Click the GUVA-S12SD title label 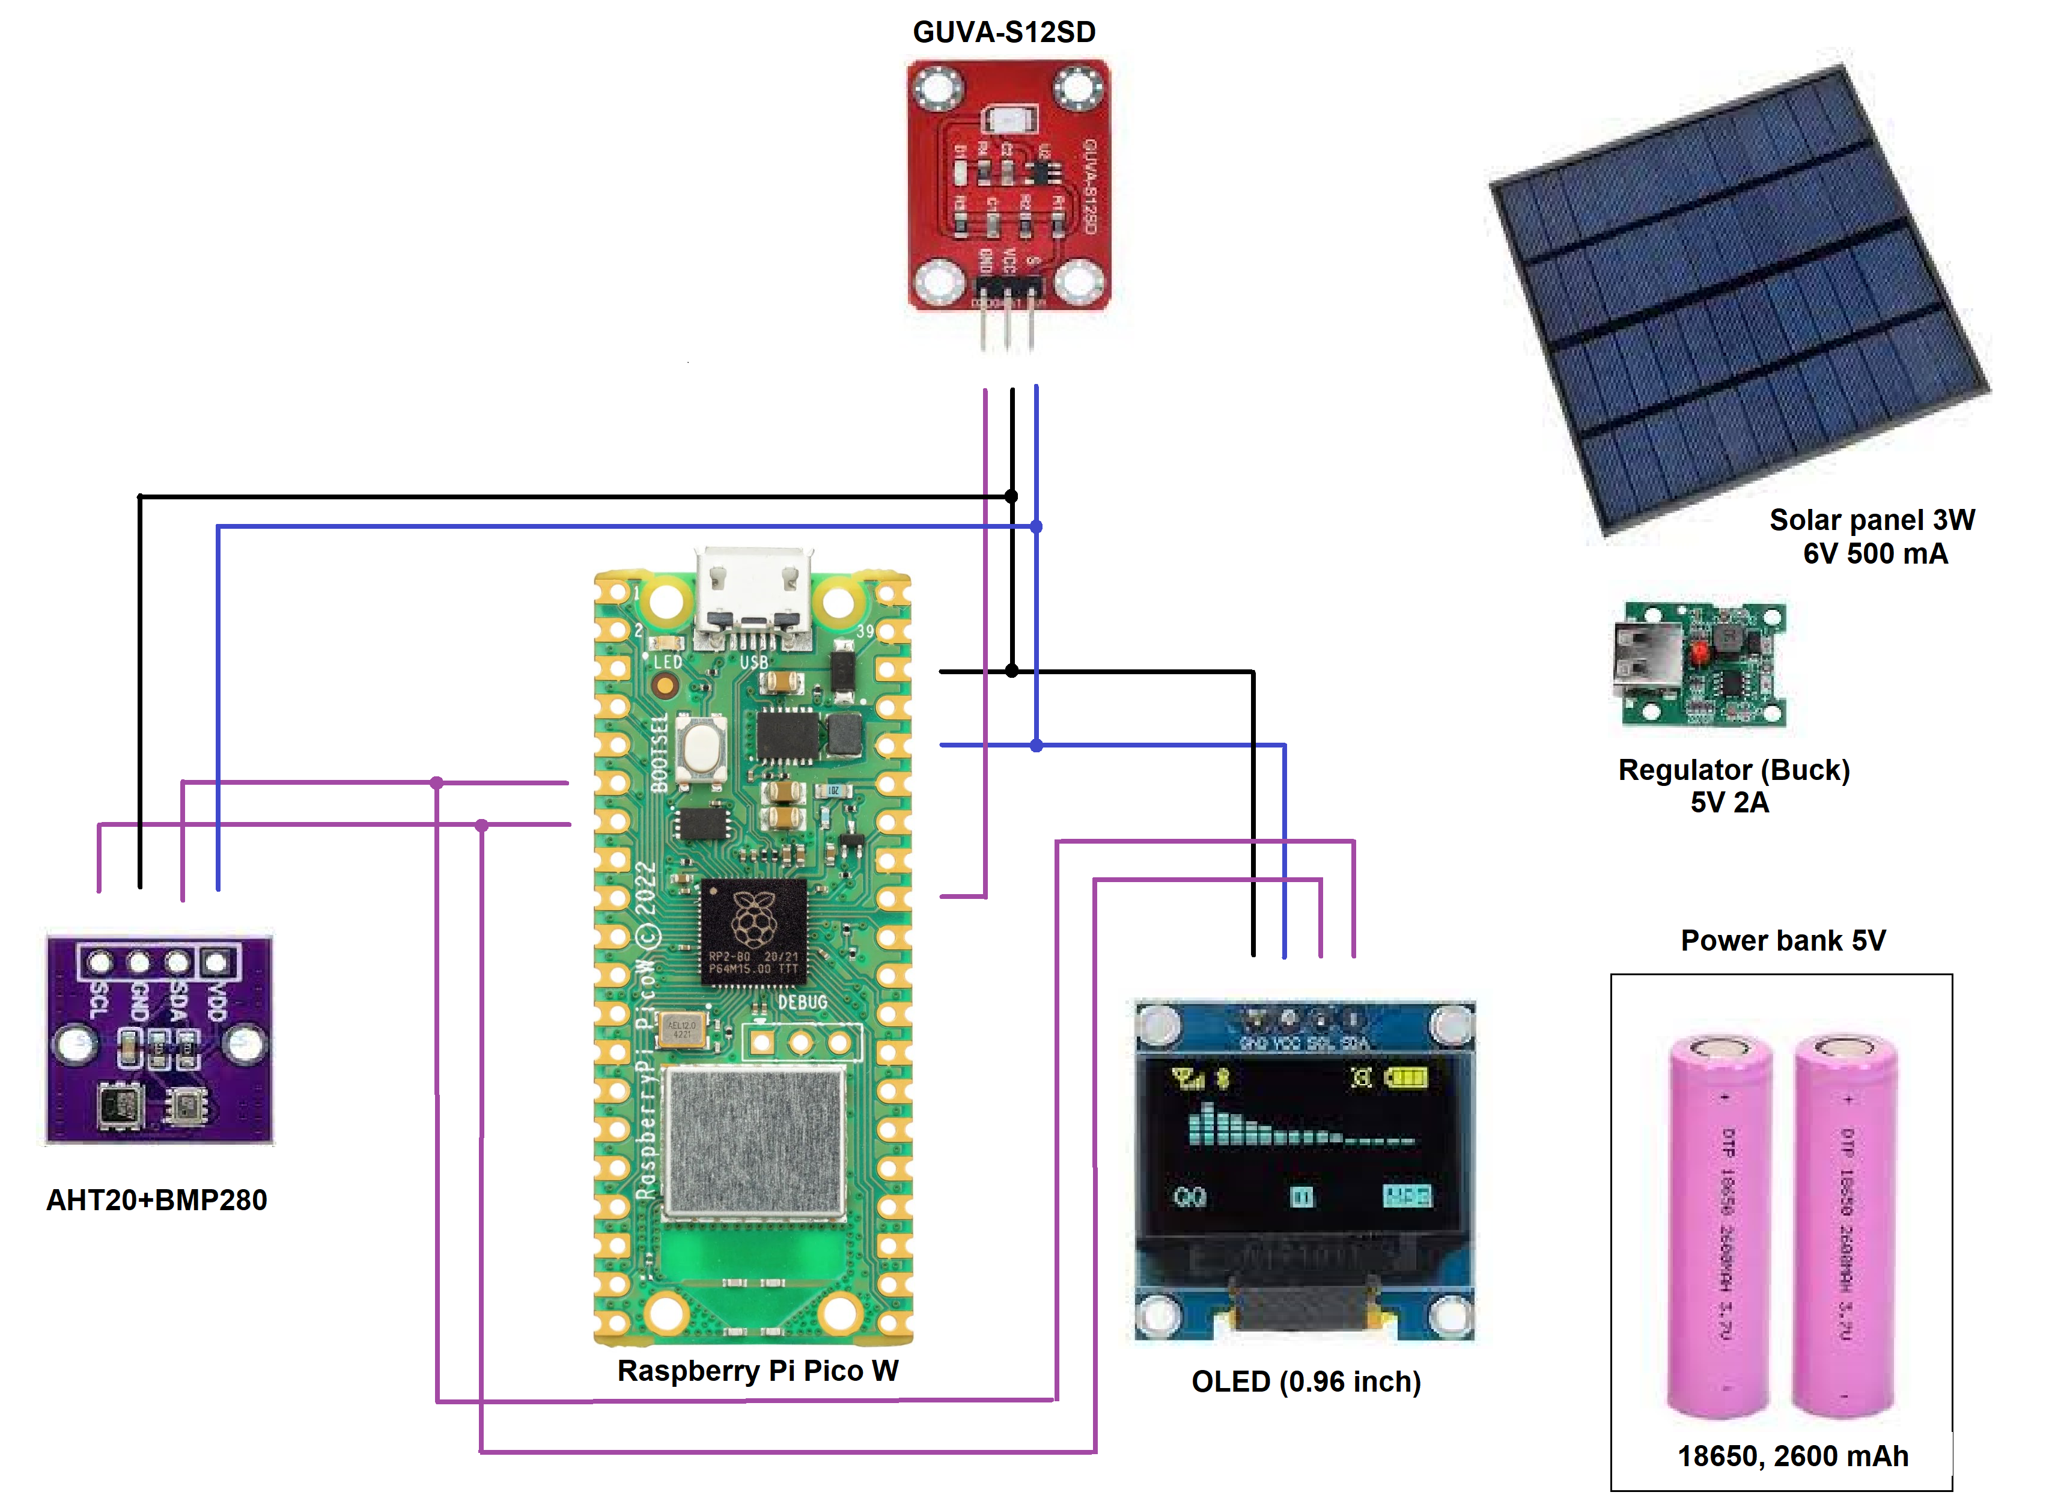[x=1003, y=32]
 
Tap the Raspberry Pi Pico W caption [x=757, y=1370]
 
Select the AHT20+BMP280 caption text [x=157, y=1199]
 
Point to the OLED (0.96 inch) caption [x=1306, y=1381]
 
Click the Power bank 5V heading [x=1783, y=940]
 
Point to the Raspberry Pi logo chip [x=753, y=930]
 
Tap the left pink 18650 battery [x=1720, y=1226]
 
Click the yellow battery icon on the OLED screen [x=1406, y=1079]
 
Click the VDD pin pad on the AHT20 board [x=215, y=962]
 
